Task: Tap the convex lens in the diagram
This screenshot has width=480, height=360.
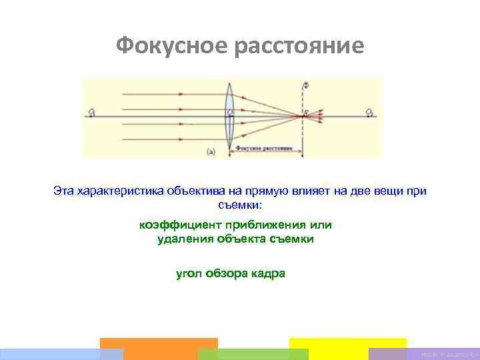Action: click(230, 117)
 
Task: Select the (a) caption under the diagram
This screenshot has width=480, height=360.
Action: click(211, 151)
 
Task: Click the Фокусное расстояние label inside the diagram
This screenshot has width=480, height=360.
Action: click(265, 147)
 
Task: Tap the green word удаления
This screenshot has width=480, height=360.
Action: click(185, 239)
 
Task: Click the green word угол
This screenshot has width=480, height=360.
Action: click(188, 273)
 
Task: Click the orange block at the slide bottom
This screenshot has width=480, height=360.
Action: click(159, 349)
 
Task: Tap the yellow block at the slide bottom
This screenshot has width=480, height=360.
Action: click(347, 349)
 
